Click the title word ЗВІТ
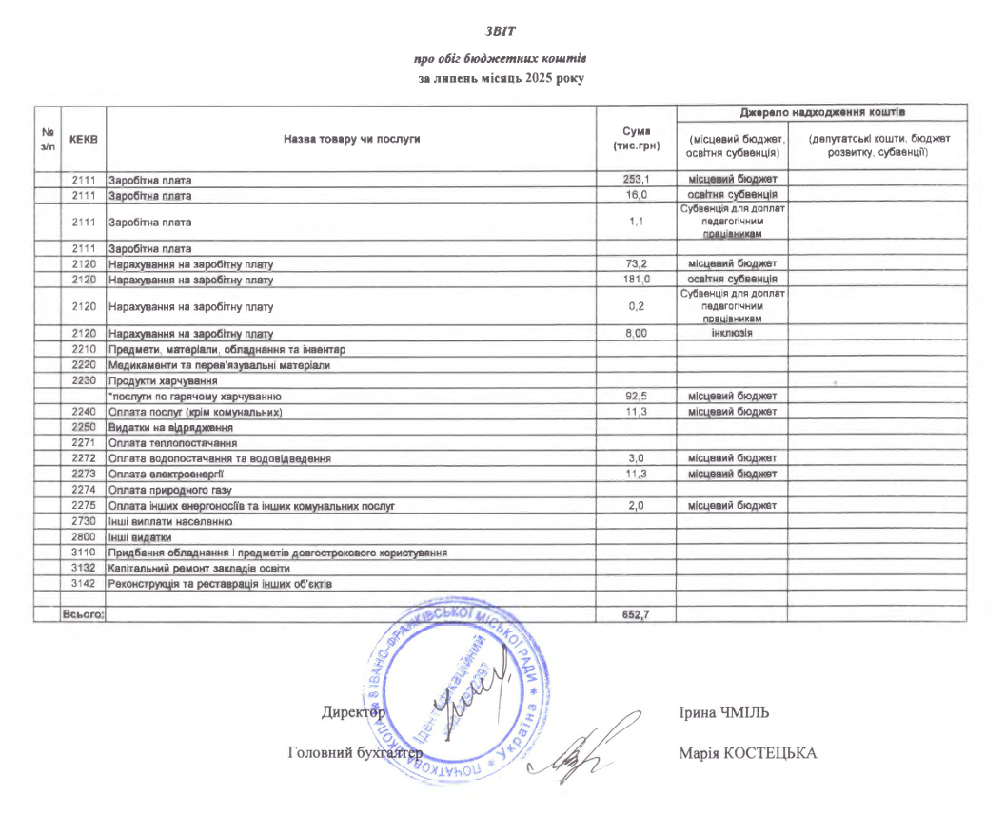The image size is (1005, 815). [501, 31]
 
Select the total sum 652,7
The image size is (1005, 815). [635, 614]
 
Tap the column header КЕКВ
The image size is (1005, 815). [84, 140]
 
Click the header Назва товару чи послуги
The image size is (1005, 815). [351, 140]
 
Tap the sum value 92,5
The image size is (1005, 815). [635, 396]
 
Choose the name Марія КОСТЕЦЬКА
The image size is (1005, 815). [748, 754]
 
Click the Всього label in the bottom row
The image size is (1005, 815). [82, 614]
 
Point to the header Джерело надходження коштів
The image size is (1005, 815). [821, 112]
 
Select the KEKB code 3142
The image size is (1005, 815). [84, 583]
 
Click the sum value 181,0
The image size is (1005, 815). [635, 280]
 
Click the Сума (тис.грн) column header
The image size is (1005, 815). [635, 140]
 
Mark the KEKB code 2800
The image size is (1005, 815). [84, 536]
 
